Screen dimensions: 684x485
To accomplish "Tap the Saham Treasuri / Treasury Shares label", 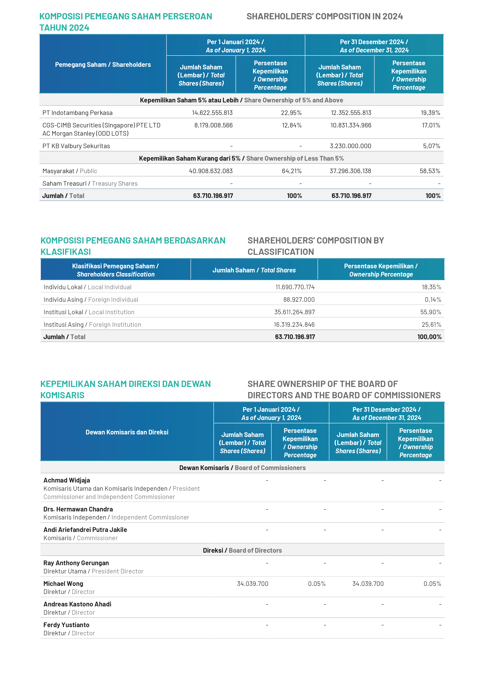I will (x=90, y=184).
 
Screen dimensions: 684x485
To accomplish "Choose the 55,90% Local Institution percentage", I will (x=430, y=312).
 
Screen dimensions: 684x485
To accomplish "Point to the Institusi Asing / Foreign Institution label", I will (x=92, y=325).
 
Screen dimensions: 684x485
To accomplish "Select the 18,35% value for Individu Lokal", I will (x=431, y=287).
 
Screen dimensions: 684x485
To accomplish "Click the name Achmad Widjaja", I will (x=67, y=480).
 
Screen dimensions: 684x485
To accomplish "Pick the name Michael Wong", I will (x=63, y=583).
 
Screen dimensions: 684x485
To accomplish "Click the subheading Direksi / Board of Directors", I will (x=242, y=550).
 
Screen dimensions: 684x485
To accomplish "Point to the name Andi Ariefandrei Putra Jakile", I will (x=85, y=530).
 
